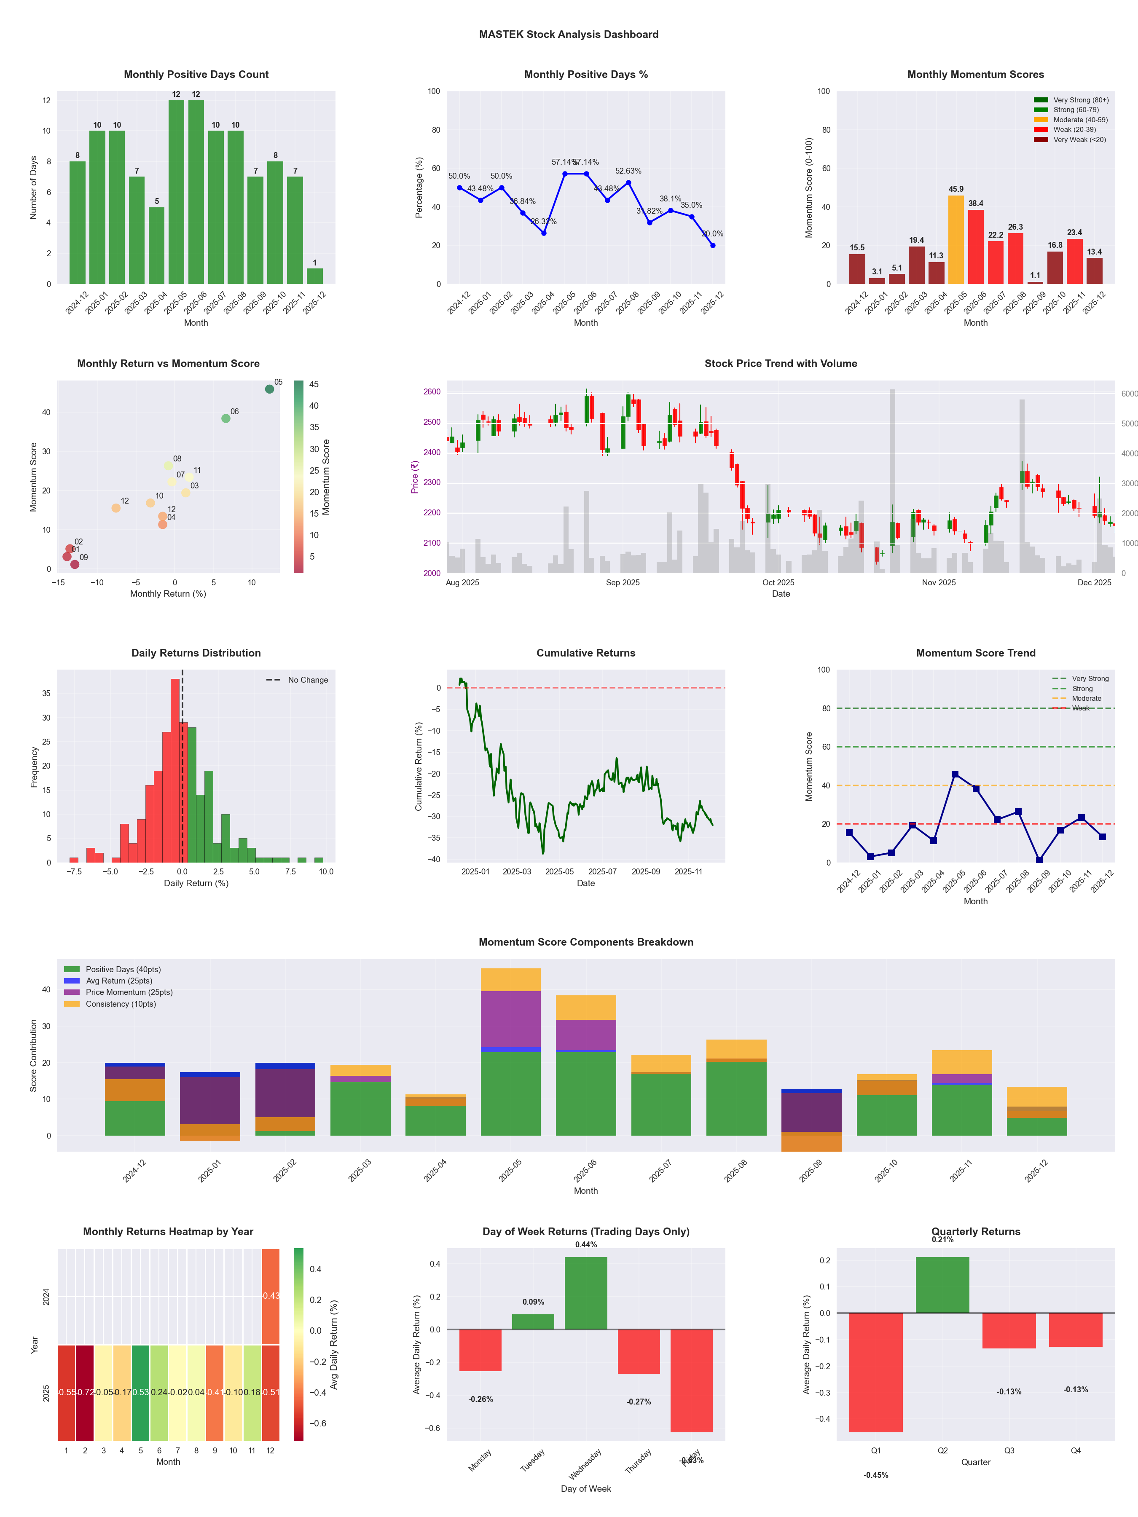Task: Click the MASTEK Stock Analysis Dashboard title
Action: [x=569, y=34]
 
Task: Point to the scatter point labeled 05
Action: [x=270, y=389]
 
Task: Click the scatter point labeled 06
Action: [x=225, y=418]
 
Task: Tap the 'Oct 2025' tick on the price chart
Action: [x=778, y=583]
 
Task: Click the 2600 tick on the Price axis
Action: [x=432, y=391]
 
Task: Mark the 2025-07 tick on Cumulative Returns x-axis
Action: [x=602, y=872]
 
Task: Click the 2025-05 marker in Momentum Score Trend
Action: [x=955, y=774]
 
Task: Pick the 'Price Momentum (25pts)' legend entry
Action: [x=129, y=992]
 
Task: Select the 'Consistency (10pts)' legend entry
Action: [x=121, y=1004]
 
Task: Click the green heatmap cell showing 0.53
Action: [x=141, y=1392]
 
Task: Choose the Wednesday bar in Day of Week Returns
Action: [x=586, y=1293]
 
